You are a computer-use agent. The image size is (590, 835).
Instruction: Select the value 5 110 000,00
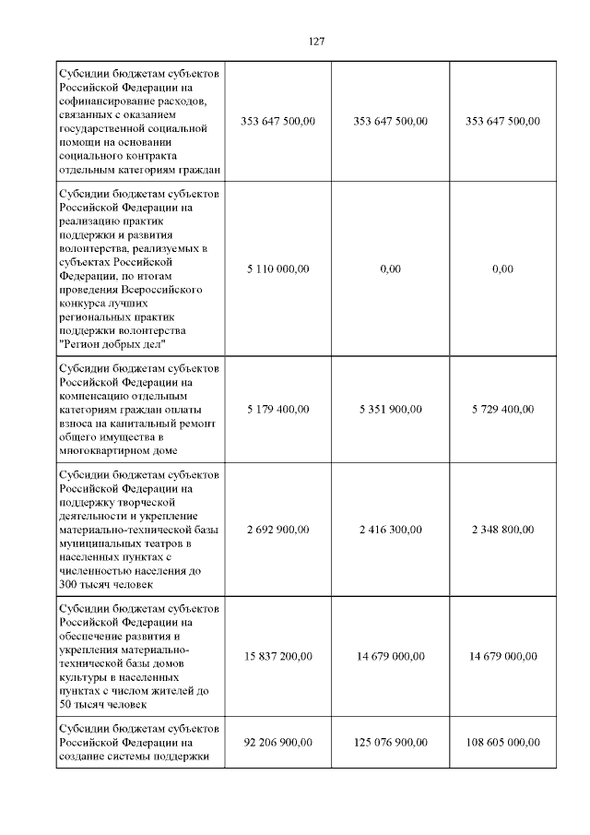point(278,268)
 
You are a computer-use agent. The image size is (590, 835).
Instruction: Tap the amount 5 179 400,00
point(278,409)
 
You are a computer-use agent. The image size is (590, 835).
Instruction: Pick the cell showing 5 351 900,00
point(390,409)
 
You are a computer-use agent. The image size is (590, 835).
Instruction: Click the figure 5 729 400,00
point(502,409)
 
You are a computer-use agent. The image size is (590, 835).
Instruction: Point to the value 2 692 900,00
point(278,530)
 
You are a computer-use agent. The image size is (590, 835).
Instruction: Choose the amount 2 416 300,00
point(390,530)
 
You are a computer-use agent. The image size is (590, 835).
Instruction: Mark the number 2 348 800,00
point(502,530)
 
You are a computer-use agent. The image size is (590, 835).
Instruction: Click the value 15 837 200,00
point(278,656)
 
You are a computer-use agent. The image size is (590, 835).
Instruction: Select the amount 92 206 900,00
point(278,742)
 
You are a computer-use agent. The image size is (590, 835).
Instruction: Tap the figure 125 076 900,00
point(390,742)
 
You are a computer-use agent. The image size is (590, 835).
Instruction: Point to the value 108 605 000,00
point(502,742)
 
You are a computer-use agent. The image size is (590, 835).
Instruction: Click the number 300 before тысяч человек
point(68,584)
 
